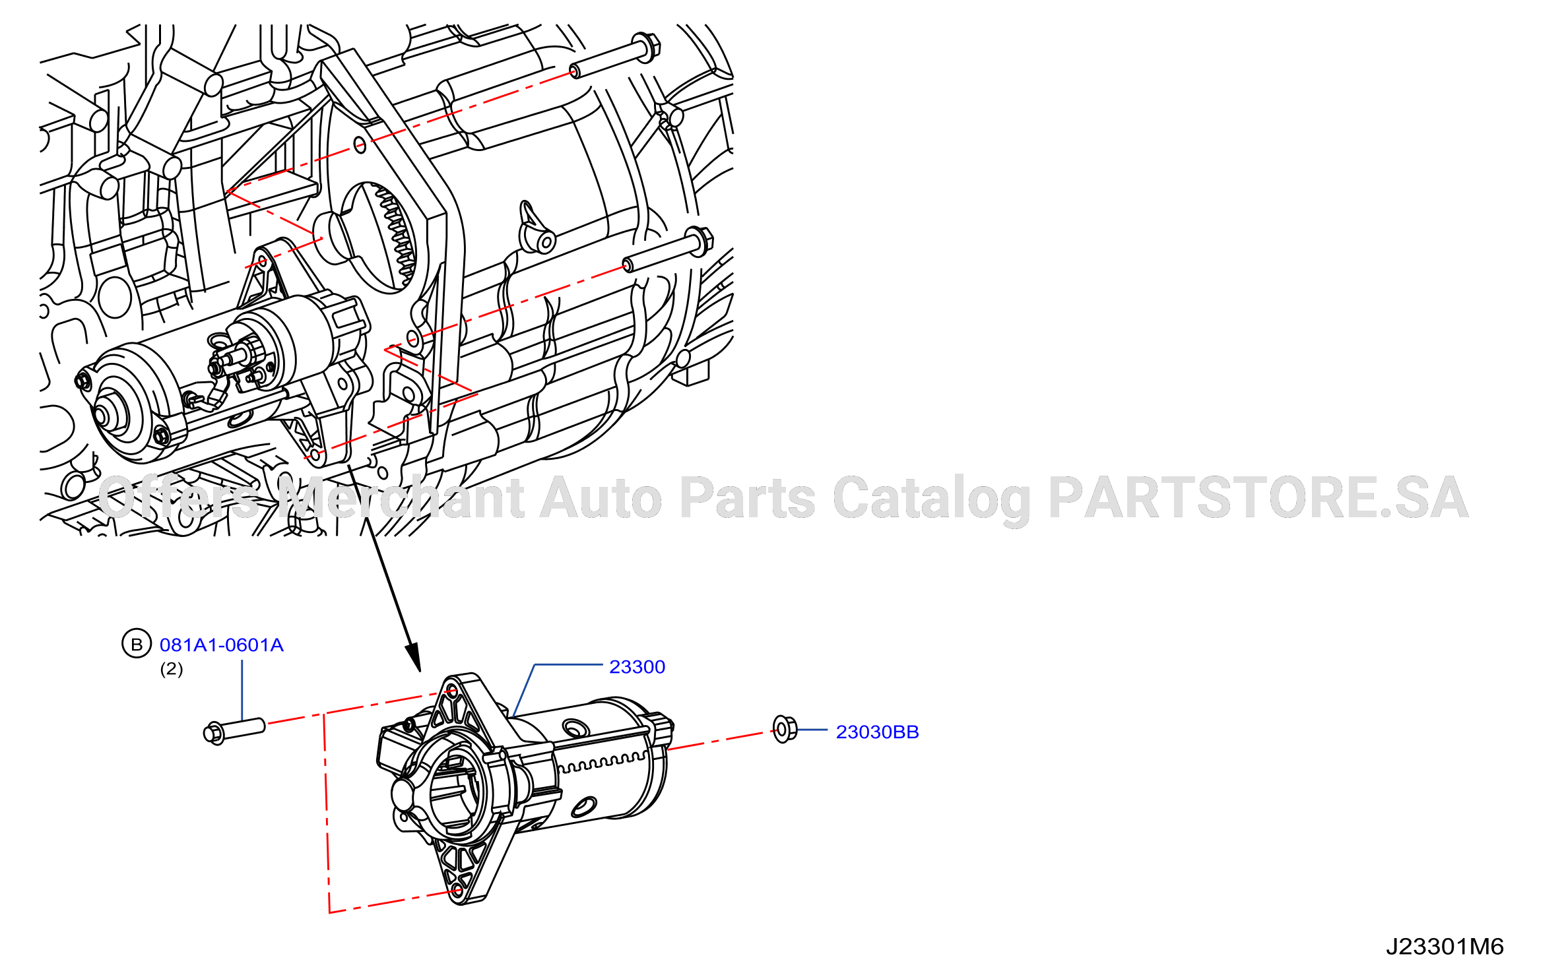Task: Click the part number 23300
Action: [x=637, y=667]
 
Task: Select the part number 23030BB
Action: [x=877, y=732]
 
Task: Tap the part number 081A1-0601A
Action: [x=222, y=645]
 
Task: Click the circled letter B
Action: [x=137, y=644]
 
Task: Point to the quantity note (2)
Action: [x=172, y=669]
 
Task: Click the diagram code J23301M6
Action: [x=1444, y=947]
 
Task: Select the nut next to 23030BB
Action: [x=784, y=729]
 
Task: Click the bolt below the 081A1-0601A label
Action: [x=234, y=731]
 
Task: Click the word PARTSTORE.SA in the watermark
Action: [x=1258, y=497]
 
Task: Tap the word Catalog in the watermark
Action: [x=931, y=499]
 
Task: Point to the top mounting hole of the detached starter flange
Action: [x=452, y=691]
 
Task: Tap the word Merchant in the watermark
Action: [x=401, y=497]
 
